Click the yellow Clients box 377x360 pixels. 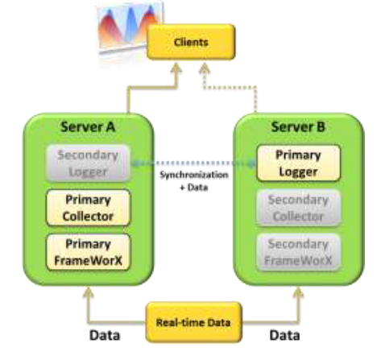click(191, 42)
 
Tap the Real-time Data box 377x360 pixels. click(193, 322)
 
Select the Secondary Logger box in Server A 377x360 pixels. click(88, 163)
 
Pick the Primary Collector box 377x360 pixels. click(88, 208)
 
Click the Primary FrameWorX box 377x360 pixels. click(88, 252)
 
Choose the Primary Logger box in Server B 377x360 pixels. click(298, 163)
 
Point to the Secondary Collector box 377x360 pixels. click(298, 208)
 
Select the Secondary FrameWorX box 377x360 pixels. click(298, 252)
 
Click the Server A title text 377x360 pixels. click(88, 126)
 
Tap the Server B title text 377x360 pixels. click(298, 126)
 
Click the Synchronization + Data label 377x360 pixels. click(194, 180)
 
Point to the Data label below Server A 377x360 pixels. click(105, 335)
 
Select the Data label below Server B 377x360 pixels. click(284, 335)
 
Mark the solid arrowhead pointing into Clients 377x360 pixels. click(176, 68)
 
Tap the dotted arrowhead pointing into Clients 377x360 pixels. click(205, 68)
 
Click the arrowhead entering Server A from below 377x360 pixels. click(88, 292)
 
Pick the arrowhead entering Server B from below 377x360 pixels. click(298, 292)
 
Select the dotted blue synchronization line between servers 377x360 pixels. click(193, 163)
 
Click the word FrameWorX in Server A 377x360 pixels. click(88, 260)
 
